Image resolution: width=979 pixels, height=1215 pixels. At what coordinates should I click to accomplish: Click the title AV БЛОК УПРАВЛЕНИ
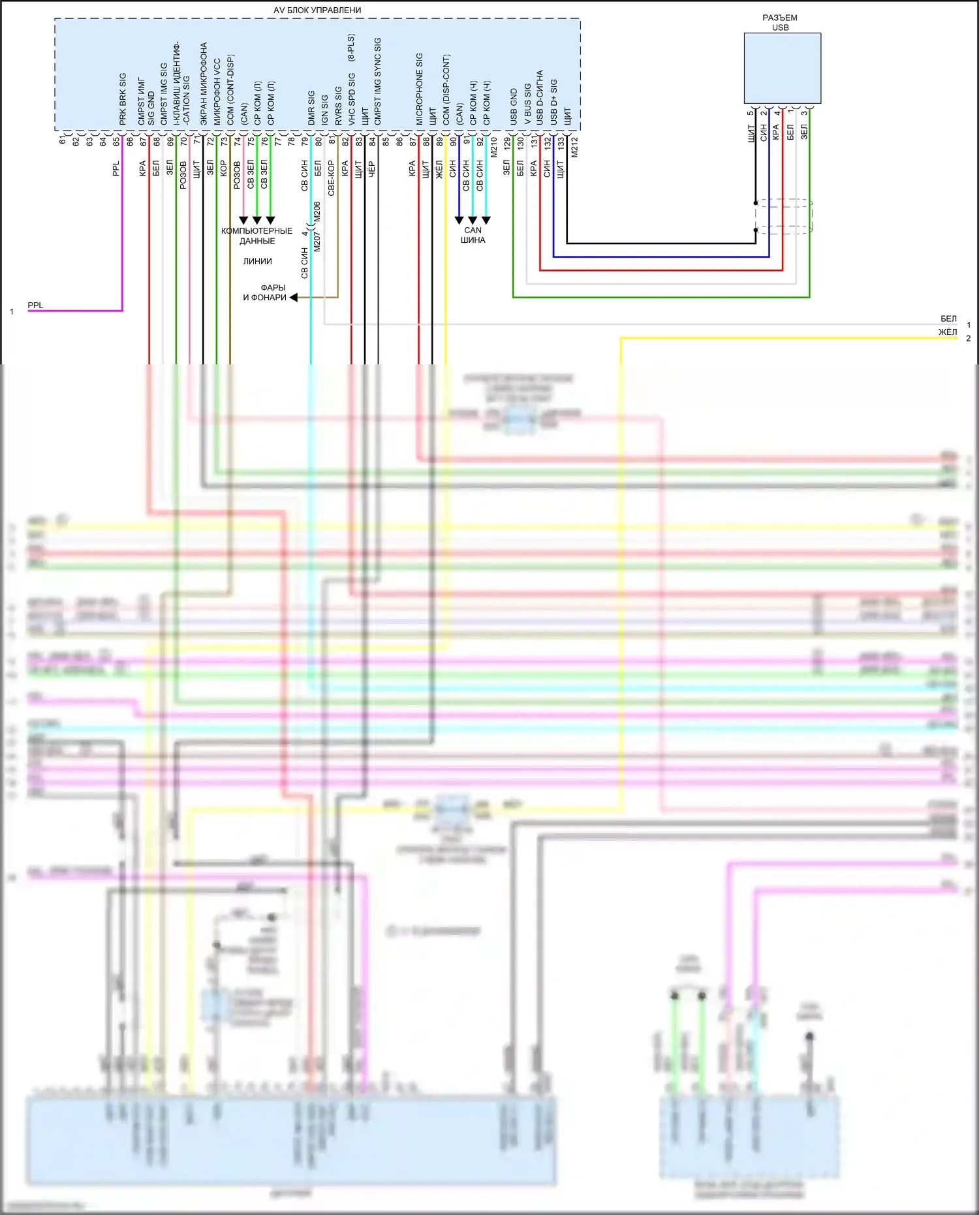click(317, 10)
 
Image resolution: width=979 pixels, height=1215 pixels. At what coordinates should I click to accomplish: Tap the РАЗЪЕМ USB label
click(780, 22)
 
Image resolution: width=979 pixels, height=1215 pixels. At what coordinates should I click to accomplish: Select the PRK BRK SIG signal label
click(123, 99)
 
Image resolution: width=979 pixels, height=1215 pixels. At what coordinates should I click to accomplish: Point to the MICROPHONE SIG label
click(420, 89)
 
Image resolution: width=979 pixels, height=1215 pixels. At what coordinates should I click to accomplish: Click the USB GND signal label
click(514, 107)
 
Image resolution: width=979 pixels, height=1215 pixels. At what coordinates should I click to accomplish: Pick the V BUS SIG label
click(527, 104)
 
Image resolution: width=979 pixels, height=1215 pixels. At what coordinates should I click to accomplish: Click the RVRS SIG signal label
click(338, 106)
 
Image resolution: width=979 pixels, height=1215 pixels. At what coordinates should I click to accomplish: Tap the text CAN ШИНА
click(473, 235)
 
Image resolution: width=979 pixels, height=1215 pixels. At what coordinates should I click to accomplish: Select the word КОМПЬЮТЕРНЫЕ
click(256, 231)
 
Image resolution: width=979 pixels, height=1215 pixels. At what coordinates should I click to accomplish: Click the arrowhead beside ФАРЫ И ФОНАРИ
click(294, 297)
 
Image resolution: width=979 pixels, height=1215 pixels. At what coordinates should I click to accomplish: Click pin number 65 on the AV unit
click(117, 141)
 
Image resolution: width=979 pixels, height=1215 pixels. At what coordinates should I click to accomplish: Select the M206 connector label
click(317, 211)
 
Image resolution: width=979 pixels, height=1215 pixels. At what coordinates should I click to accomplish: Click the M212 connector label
click(574, 147)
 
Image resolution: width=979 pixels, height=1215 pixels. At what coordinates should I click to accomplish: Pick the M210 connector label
click(493, 147)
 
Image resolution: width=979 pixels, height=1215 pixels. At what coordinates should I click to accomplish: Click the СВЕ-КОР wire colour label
click(331, 178)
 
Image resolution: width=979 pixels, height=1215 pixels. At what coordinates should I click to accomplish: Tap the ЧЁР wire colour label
click(371, 169)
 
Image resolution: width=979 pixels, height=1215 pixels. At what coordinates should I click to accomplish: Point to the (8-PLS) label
click(351, 48)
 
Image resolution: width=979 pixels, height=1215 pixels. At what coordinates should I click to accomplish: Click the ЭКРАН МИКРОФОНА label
click(204, 84)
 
